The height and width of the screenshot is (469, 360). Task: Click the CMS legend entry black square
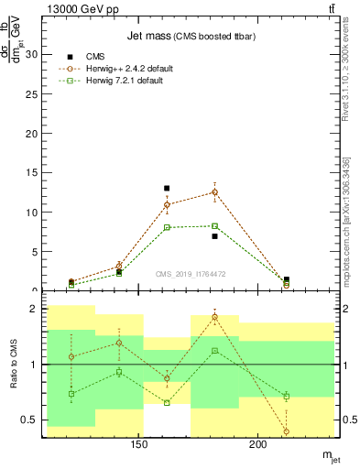(x=71, y=57)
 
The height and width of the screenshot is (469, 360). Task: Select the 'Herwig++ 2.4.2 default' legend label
(x=130, y=69)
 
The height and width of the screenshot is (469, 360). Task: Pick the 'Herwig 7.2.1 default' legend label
(x=127, y=81)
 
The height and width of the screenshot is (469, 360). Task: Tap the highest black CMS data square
(x=167, y=188)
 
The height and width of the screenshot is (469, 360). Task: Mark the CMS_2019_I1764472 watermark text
(x=189, y=274)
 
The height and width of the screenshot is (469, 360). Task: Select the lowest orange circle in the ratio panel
(x=287, y=431)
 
